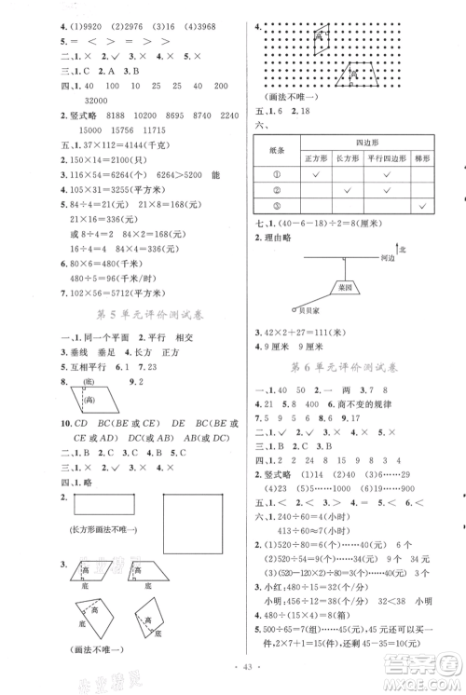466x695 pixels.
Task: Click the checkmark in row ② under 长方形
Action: [350, 191]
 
